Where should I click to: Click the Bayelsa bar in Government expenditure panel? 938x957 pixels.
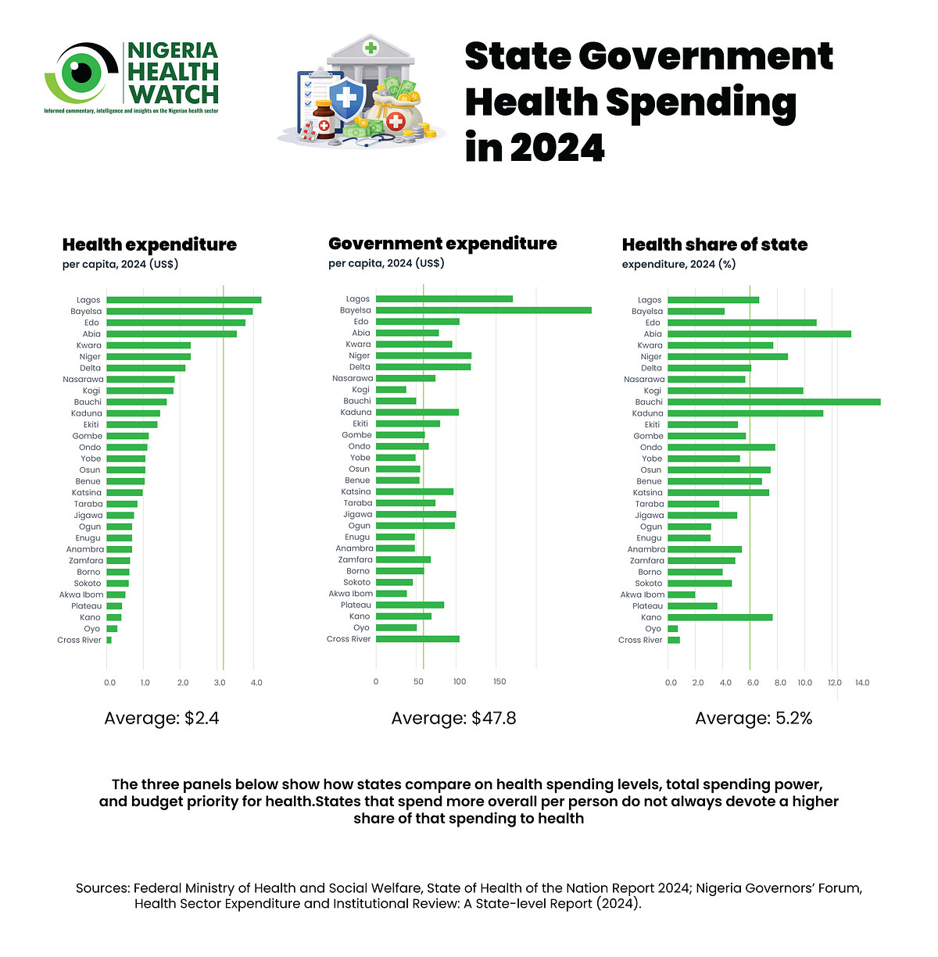pos(483,310)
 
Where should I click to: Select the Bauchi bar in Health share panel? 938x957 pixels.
pos(774,402)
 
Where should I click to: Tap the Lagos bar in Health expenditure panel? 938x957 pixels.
pos(184,300)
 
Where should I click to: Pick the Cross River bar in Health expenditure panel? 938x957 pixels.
pos(109,640)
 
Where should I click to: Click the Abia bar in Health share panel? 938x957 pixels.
pos(759,334)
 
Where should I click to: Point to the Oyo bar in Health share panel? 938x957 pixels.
pos(672,629)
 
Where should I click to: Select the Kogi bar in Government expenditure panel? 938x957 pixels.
pos(391,389)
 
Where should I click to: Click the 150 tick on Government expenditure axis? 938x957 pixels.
pos(499,681)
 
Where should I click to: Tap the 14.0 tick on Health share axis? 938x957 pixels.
pos(862,682)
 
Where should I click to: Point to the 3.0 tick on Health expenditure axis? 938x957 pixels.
pos(220,682)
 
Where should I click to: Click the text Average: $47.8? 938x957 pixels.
pos(453,718)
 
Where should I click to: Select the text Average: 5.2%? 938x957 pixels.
pos(753,718)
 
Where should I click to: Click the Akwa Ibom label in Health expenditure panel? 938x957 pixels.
pos(81,595)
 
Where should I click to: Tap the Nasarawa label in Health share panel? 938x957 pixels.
pos(644,380)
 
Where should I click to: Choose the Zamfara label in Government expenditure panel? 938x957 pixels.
pos(355,559)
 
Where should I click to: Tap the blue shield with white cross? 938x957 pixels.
pos(346,98)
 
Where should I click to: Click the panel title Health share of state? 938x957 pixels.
pos(714,245)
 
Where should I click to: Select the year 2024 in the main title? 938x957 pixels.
pos(557,148)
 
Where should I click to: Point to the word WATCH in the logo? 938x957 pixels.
pos(173,95)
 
